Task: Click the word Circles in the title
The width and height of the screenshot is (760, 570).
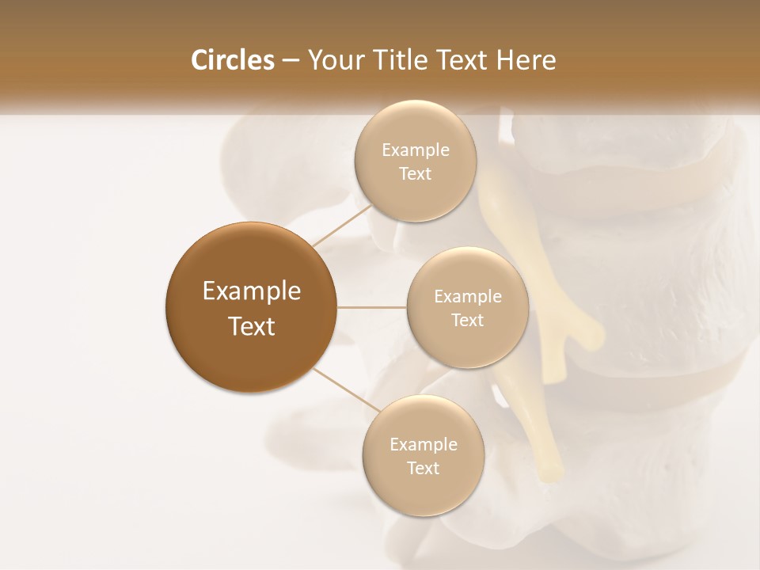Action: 232,60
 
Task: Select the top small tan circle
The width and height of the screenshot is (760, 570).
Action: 415,161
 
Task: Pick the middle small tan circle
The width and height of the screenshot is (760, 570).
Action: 467,307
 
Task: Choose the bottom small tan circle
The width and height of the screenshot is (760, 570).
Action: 423,455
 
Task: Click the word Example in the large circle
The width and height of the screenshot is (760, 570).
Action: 252,291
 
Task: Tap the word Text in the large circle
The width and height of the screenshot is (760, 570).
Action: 252,326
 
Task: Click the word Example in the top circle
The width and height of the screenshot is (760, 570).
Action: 416,150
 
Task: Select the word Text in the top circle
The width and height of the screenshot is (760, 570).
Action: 415,173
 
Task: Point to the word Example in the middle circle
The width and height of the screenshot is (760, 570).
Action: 468,296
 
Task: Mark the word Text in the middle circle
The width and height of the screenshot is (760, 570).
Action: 467,320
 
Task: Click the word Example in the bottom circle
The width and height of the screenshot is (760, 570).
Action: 424,444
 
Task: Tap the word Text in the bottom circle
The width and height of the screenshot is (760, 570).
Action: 423,468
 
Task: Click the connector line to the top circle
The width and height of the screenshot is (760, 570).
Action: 342,226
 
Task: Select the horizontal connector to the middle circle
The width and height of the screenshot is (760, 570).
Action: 371,307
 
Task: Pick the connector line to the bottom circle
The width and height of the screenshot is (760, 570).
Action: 347,389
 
